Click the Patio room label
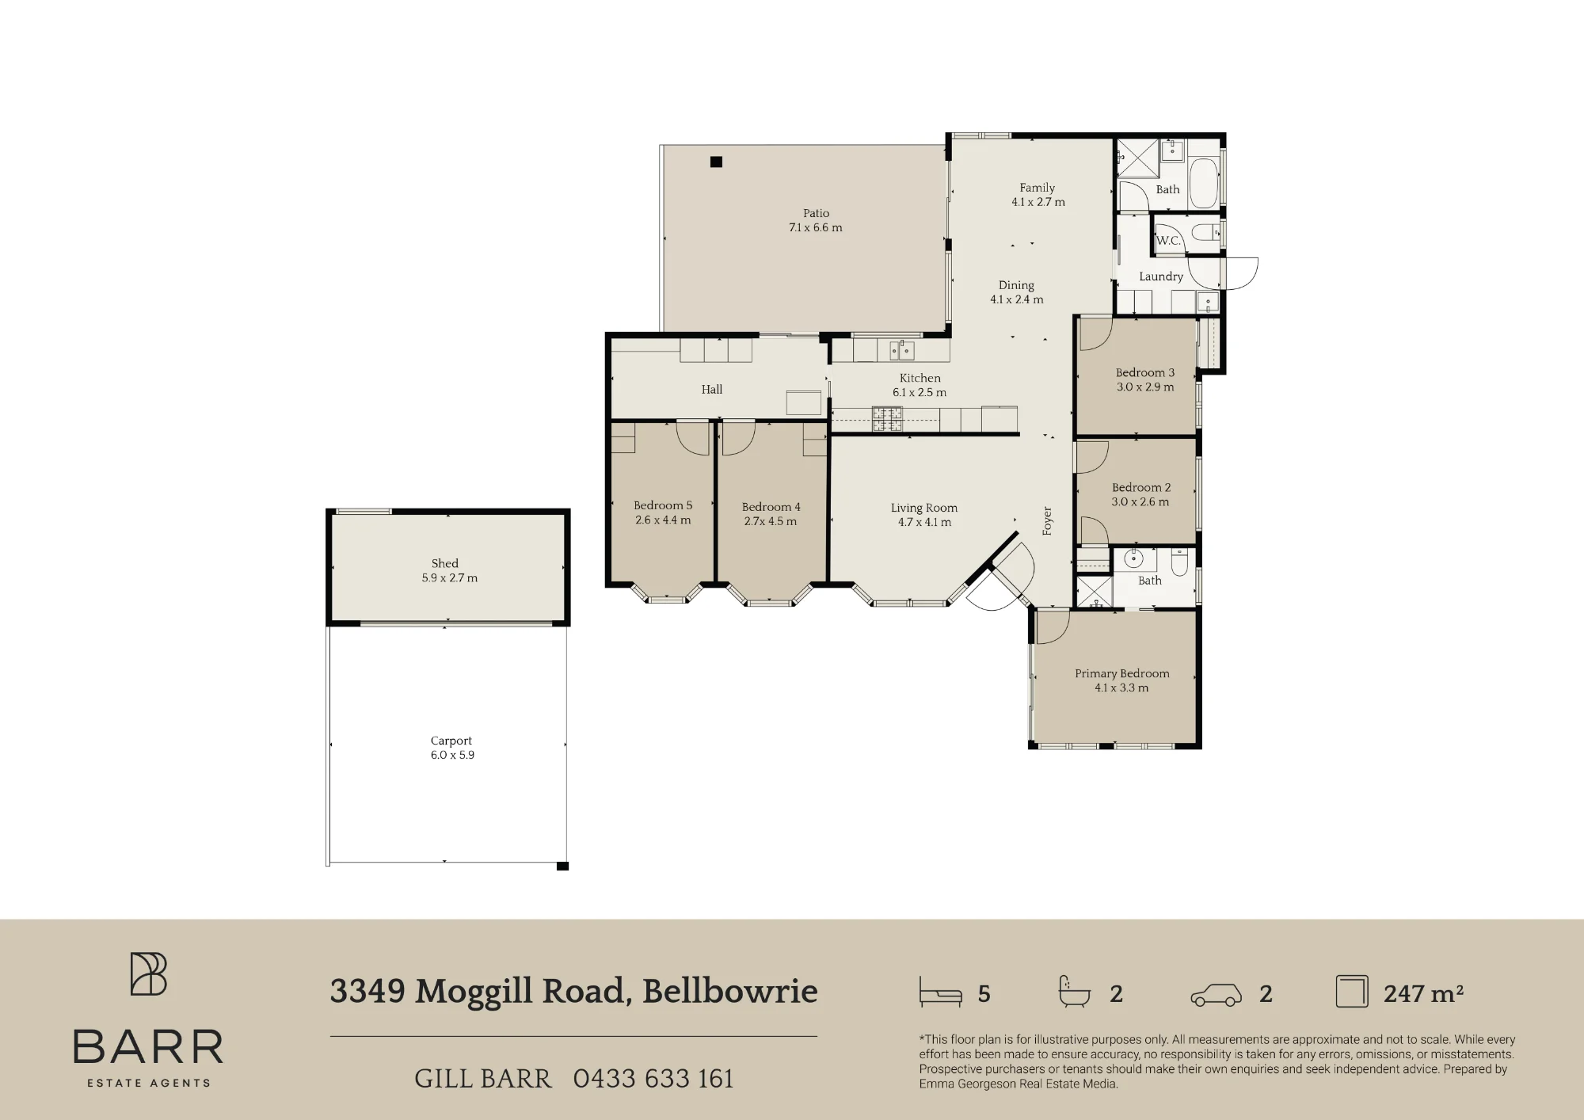(x=816, y=213)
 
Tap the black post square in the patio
(x=716, y=162)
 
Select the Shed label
(x=445, y=563)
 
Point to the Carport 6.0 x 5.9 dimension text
(x=452, y=755)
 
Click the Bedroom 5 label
(x=663, y=505)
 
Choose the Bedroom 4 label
(x=771, y=507)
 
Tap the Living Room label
(x=923, y=508)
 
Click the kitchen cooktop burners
(x=887, y=419)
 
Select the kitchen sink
(x=902, y=349)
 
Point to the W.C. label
(x=1168, y=241)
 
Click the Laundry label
(x=1161, y=276)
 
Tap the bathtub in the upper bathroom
(x=1204, y=183)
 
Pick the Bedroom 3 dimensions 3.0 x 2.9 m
(x=1145, y=387)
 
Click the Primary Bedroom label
(x=1121, y=673)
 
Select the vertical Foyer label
(x=1047, y=521)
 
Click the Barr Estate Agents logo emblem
(x=149, y=973)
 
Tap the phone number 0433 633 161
(x=653, y=1079)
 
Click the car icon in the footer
(x=1217, y=995)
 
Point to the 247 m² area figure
(x=1423, y=993)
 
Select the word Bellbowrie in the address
(x=729, y=991)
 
